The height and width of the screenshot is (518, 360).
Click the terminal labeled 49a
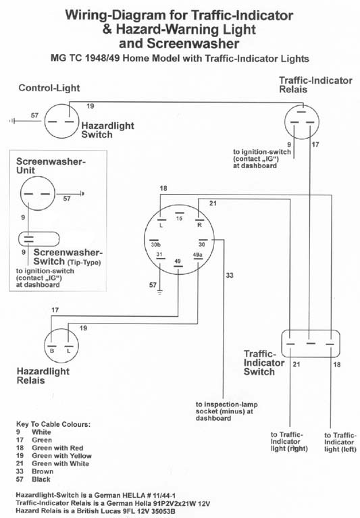[198, 259]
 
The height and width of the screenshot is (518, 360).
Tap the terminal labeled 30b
[155, 240]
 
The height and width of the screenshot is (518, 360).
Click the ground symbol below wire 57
[160, 292]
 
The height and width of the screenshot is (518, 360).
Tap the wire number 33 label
[230, 275]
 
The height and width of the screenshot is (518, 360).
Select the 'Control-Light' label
[49, 88]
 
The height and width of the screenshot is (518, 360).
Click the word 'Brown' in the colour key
[43, 471]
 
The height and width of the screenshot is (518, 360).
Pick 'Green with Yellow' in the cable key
[61, 456]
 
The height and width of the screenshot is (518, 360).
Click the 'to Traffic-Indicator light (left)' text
[340, 442]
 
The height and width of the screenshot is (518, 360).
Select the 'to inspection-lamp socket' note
[227, 411]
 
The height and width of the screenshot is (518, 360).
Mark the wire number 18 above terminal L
[163, 188]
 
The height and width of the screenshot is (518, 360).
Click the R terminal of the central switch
[199, 219]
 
